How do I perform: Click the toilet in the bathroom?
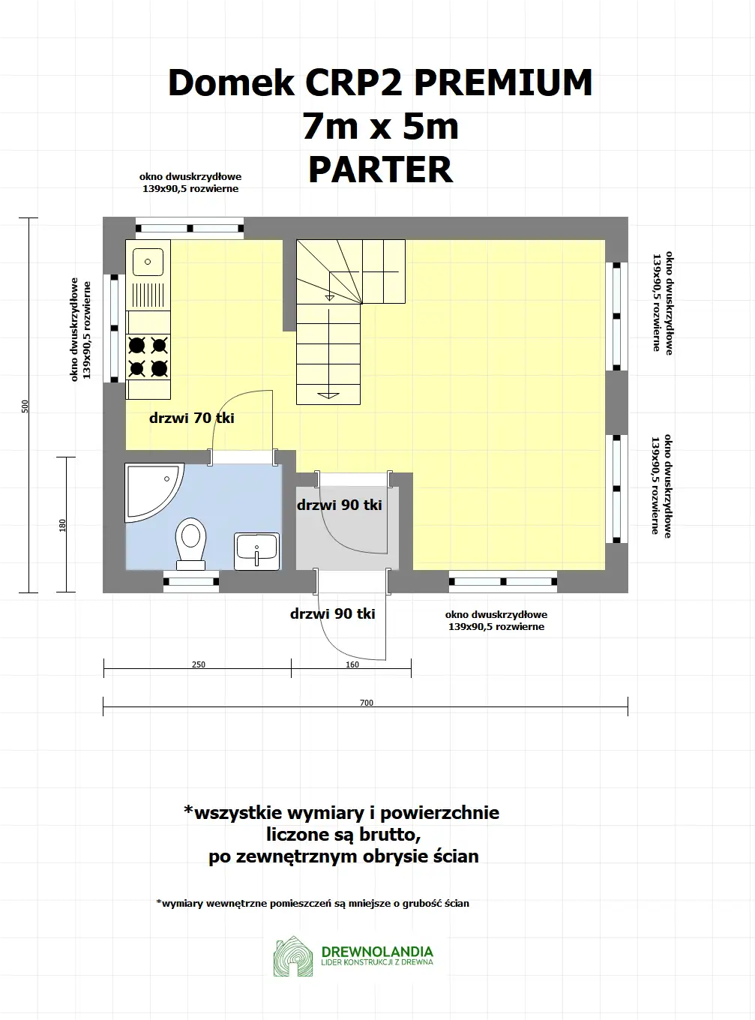pos(191,541)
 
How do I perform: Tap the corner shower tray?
pos(150,490)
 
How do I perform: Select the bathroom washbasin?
pos(256,551)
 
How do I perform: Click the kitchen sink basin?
pos(148,262)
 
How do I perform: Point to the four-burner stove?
pos(148,357)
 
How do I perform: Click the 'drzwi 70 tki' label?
pos(192,418)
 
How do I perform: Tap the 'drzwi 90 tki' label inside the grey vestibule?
pos(340,505)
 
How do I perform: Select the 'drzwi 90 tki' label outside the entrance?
pos(332,614)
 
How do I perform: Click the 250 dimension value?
pos(199,664)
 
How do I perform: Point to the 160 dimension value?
pos(352,664)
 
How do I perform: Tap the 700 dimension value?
pos(367,703)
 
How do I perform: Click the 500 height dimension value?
pos(25,406)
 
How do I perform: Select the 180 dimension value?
pos(63,525)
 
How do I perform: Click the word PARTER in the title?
pos(380,170)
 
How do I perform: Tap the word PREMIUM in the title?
pos(503,82)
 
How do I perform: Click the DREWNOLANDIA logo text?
pos(377,952)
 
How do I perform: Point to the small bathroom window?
pos(191,581)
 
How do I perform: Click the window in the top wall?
pos(190,228)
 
